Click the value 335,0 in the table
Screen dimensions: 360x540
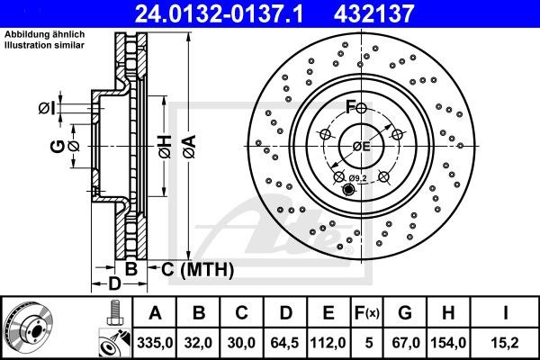click(x=155, y=342)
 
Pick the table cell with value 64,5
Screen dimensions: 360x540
click(x=286, y=342)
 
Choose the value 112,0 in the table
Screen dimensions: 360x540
click(x=329, y=342)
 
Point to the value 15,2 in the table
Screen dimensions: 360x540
click(x=508, y=342)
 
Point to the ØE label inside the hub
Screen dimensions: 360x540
click(x=361, y=146)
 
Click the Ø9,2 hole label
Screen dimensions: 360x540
click(x=359, y=178)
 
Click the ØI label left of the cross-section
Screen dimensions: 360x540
click(x=47, y=108)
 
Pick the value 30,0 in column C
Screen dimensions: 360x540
click(x=242, y=342)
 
